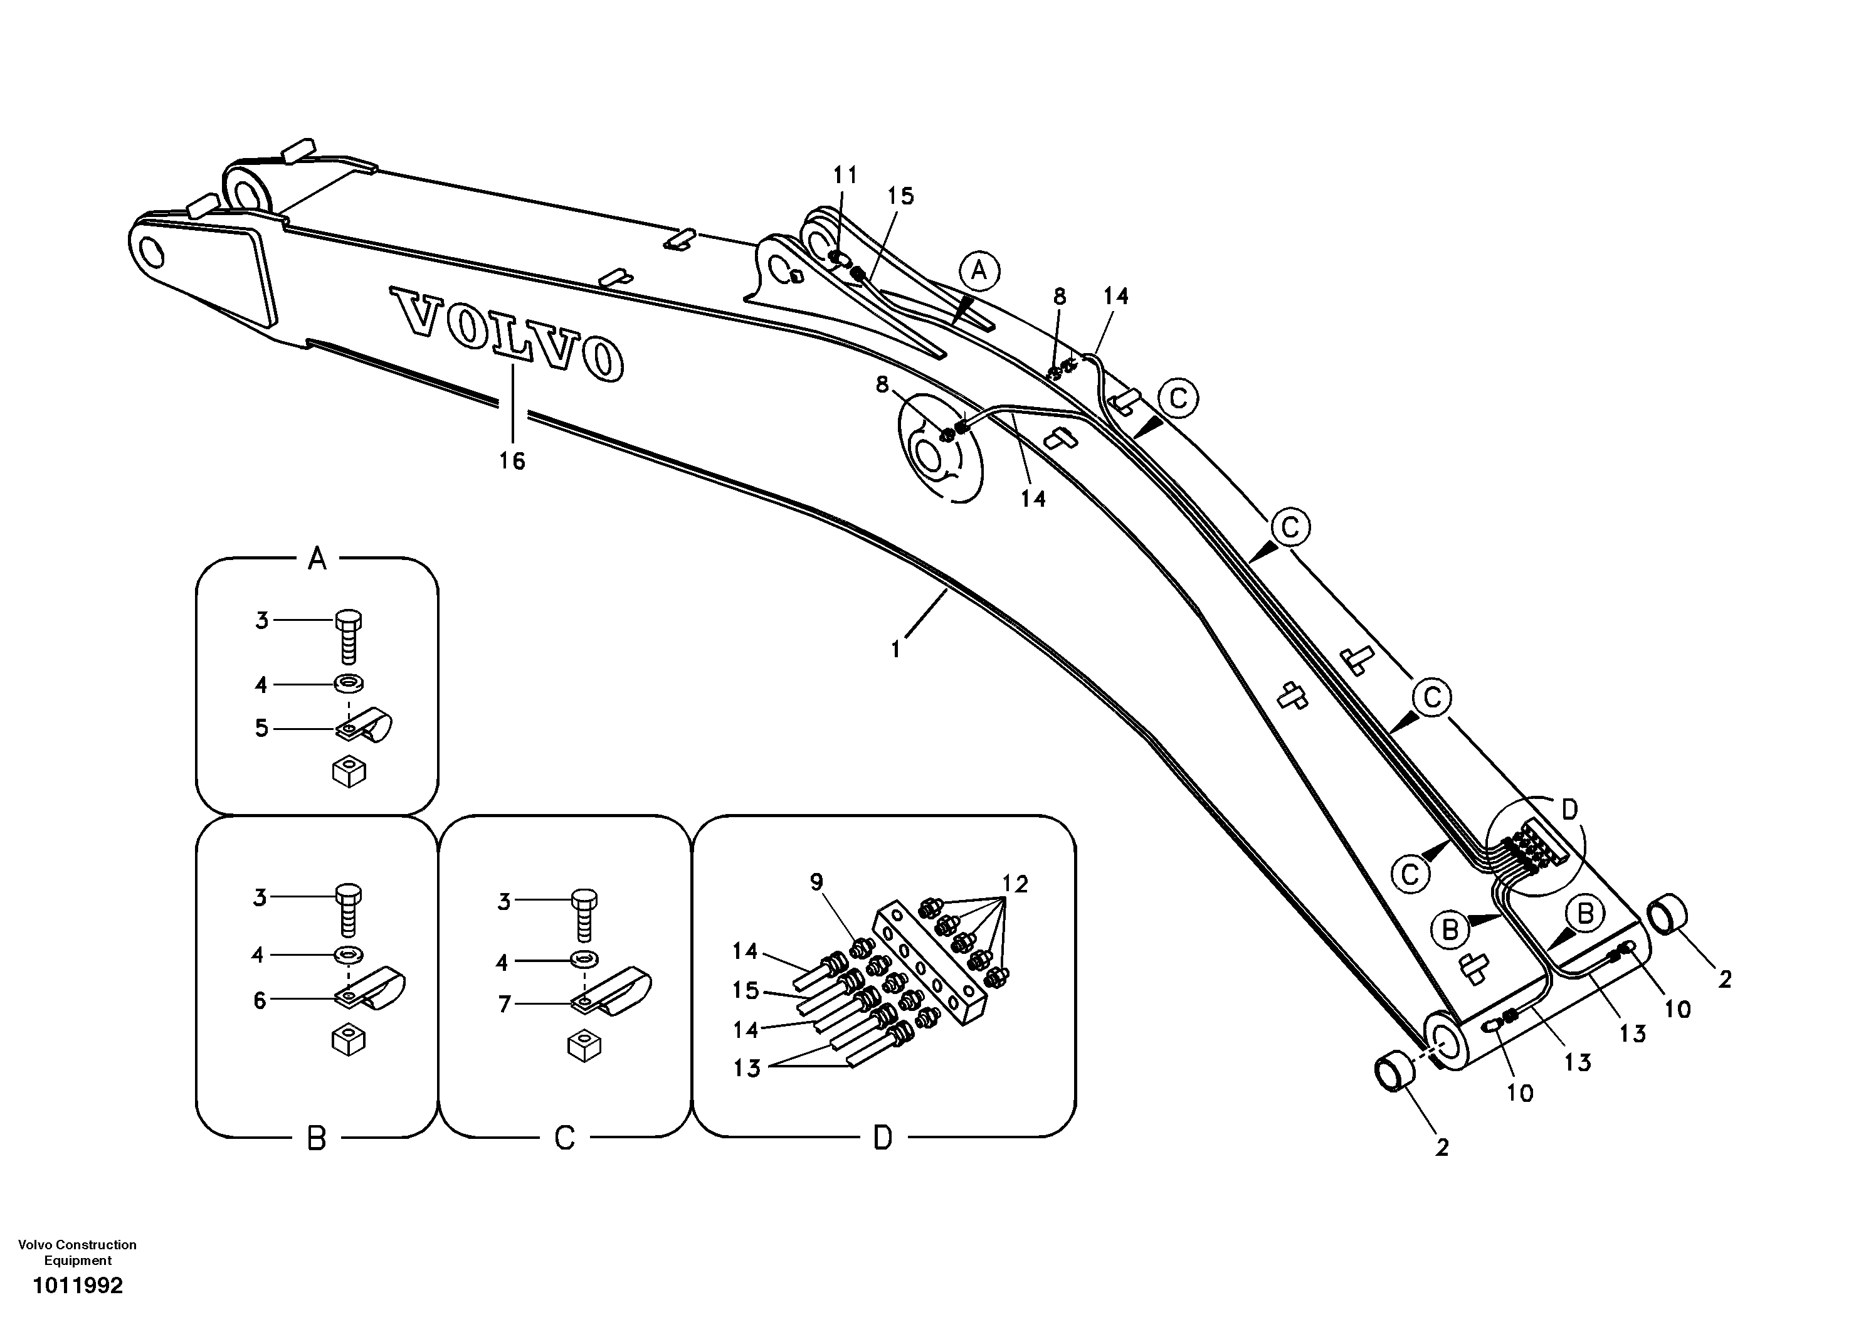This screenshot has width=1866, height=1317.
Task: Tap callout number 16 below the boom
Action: click(512, 461)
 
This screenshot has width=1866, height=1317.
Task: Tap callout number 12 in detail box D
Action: click(1015, 883)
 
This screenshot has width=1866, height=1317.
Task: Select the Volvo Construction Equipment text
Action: click(77, 1252)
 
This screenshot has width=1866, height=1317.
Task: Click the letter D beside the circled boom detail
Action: click(1569, 809)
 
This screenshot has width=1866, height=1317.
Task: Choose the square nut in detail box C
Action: click(584, 1046)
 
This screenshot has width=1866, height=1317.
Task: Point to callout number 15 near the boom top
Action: click(900, 195)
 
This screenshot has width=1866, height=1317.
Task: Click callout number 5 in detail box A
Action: click(261, 727)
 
